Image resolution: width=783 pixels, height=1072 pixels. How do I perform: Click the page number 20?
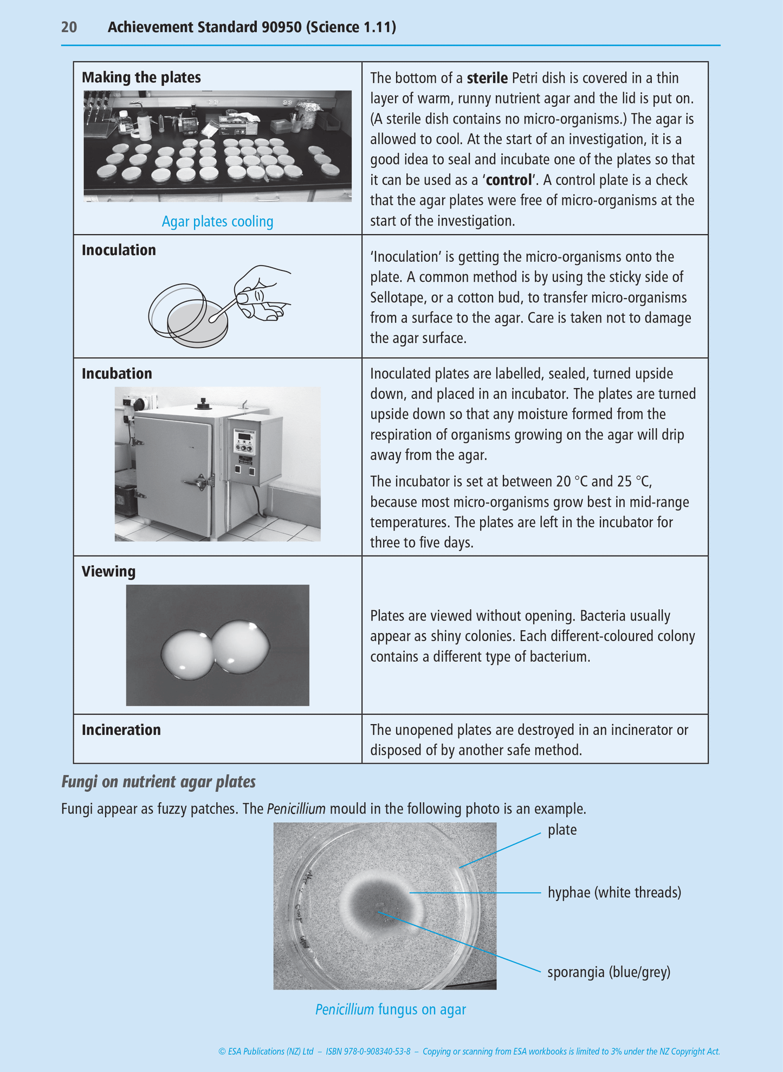[69, 27]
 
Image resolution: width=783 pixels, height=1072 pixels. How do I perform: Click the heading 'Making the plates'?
[141, 78]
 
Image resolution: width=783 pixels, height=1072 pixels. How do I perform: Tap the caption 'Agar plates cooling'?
[217, 221]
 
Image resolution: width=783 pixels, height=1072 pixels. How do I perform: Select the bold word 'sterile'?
[487, 78]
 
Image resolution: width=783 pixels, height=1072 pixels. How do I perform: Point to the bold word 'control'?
[509, 180]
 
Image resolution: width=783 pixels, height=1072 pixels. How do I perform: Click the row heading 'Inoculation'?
[119, 250]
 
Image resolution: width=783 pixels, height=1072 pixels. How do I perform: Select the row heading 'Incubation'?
[117, 373]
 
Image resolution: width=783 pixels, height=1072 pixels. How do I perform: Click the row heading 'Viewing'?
[108, 571]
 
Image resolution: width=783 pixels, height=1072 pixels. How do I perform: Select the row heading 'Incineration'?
[121, 729]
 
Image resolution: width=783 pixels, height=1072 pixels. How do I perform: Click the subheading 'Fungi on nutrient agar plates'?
[158, 782]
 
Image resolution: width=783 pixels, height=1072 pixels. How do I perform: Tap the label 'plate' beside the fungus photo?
[562, 830]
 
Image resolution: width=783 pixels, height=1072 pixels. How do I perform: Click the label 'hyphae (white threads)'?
[614, 892]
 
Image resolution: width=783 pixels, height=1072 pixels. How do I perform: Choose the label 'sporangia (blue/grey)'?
[609, 972]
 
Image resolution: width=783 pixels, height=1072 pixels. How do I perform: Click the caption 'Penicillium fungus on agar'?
[390, 1009]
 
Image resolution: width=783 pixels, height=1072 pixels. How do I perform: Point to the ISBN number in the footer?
[368, 1051]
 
